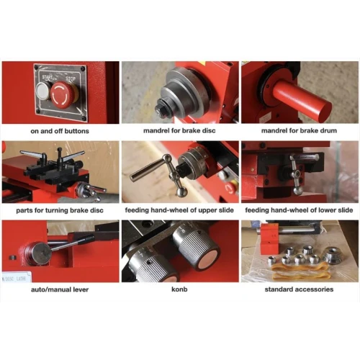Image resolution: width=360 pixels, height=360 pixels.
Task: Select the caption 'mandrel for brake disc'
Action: coord(179,132)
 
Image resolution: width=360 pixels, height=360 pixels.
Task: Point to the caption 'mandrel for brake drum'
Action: coord(299,132)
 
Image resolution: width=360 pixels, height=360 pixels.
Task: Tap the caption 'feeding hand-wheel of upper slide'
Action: coord(179,210)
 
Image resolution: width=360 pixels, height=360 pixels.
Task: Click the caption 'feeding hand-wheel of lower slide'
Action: coord(299,210)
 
